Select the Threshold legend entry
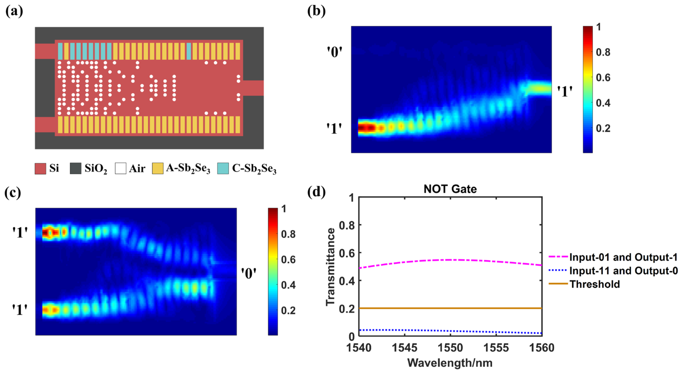point(595,284)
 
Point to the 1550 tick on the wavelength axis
point(450,348)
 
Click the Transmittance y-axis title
point(330,267)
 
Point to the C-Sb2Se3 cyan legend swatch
point(223,168)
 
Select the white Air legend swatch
point(121,168)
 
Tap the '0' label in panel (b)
point(335,52)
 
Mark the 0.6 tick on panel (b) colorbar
point(603,78)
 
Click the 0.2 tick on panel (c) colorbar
point(288,310)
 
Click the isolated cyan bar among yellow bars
point(189,51)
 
